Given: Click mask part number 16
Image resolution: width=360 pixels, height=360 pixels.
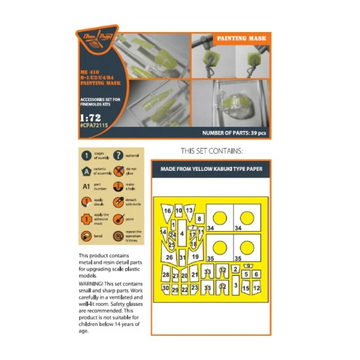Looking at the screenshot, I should [x=168, y=211].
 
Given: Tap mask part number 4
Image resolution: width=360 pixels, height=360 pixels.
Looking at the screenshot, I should [x=181, y=234].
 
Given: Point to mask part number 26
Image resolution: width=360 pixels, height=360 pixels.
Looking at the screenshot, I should [x=169, y=257].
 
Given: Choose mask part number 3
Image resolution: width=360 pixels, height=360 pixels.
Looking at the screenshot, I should [x=235, y=285].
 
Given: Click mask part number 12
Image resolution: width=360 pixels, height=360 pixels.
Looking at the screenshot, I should [x=257, y=288].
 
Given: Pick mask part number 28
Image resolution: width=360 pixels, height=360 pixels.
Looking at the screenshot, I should [x=166, y=276].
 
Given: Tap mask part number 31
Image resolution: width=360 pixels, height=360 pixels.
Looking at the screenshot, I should [x=183, y=258].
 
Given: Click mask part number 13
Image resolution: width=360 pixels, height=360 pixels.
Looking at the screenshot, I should [x=189, y=210].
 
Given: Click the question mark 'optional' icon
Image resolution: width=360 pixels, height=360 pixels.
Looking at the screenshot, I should [x=118, y=155].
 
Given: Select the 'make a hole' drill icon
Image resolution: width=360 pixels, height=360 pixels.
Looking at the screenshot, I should [x=118, y=188].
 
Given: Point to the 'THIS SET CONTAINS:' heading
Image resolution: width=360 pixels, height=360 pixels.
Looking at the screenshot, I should [x=212, y=151].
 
